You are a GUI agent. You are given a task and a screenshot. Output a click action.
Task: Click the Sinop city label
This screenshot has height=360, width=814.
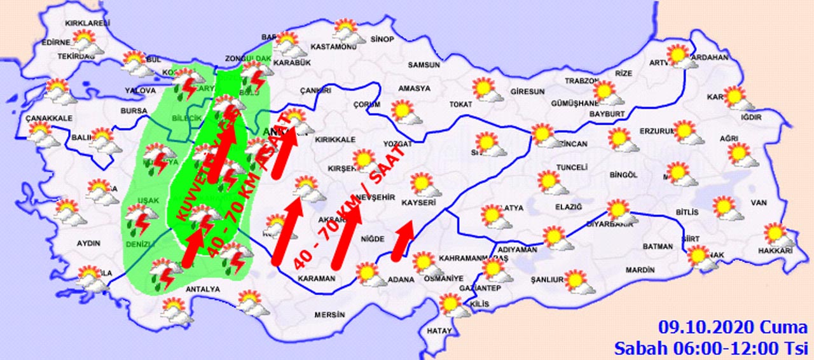point(383,39)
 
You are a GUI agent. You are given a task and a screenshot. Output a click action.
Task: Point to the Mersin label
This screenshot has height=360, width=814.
point(329,315)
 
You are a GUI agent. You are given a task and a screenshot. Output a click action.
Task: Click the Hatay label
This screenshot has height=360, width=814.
point(439,331)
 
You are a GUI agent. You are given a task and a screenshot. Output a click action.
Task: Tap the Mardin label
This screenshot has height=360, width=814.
point(639,270)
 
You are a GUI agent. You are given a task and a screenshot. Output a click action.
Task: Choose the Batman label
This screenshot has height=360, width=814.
point(658,246)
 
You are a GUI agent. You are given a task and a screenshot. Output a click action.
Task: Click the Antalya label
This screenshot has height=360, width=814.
point(202,289)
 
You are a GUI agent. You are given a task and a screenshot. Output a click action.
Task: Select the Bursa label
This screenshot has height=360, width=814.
point(134,111)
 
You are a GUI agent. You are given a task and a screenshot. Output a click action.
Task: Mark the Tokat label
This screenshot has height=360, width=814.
point(460,104)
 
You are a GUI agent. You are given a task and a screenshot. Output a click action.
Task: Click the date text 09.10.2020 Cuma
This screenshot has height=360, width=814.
point(731,328)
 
